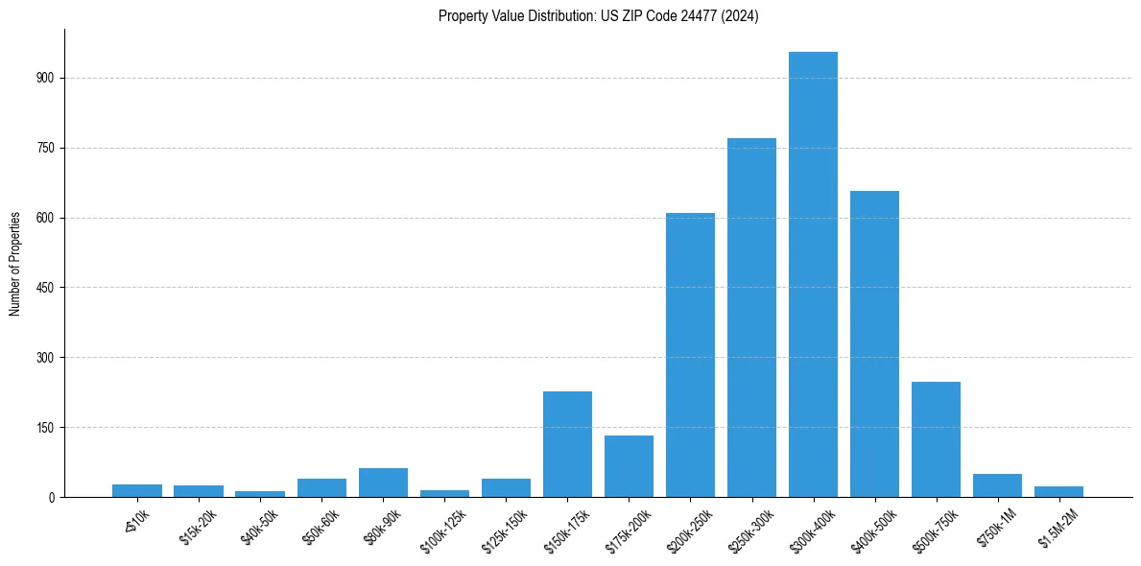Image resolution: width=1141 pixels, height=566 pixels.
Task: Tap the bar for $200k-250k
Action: click(x=690, y=355)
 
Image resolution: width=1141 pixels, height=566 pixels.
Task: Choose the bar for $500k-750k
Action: click(x=936, y=439)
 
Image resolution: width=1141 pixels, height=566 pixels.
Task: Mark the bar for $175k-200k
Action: click(x=629, y=466)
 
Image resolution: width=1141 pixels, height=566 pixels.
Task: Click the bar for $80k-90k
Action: click(x=383, y=483)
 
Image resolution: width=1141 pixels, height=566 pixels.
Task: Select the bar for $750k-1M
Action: click(x=997, y=485)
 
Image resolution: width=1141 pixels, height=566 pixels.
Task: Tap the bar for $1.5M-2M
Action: click(x=1058, y=491)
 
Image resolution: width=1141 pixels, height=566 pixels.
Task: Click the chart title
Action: click(x=598, y=15)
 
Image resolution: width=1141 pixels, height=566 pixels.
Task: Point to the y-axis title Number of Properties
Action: click(x=15, y=263)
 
